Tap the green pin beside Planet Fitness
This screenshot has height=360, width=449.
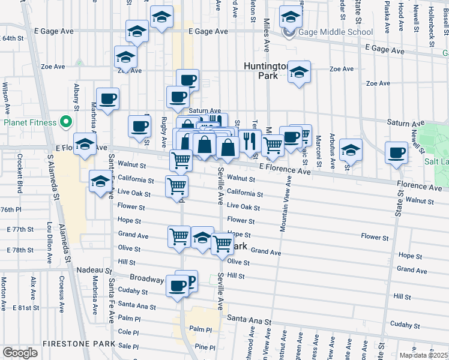[66, 123]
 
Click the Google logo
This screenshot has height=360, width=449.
[20, 352]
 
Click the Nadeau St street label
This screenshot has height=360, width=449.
[94, 271]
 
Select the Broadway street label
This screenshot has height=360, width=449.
[147, 279]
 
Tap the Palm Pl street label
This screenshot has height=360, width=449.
[200, 329]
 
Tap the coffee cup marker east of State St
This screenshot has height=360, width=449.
[396, 152]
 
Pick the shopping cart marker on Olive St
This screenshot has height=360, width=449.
[222, 243]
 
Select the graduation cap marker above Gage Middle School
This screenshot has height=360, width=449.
[291, 17]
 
